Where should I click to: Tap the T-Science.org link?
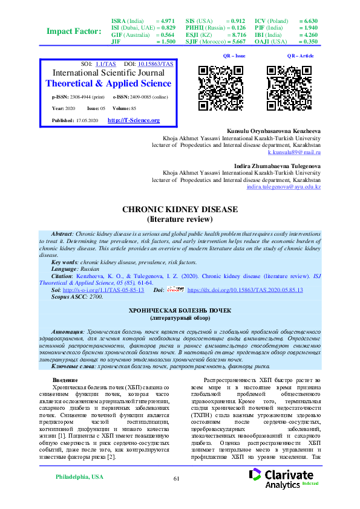(133, 120)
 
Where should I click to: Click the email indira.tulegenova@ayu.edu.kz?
(283, 187)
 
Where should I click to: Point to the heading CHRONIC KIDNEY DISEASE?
(180, 209)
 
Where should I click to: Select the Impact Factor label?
(74, 31)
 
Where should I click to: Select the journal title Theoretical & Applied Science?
(109, 83)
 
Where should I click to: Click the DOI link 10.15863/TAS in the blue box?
(156, 63)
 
